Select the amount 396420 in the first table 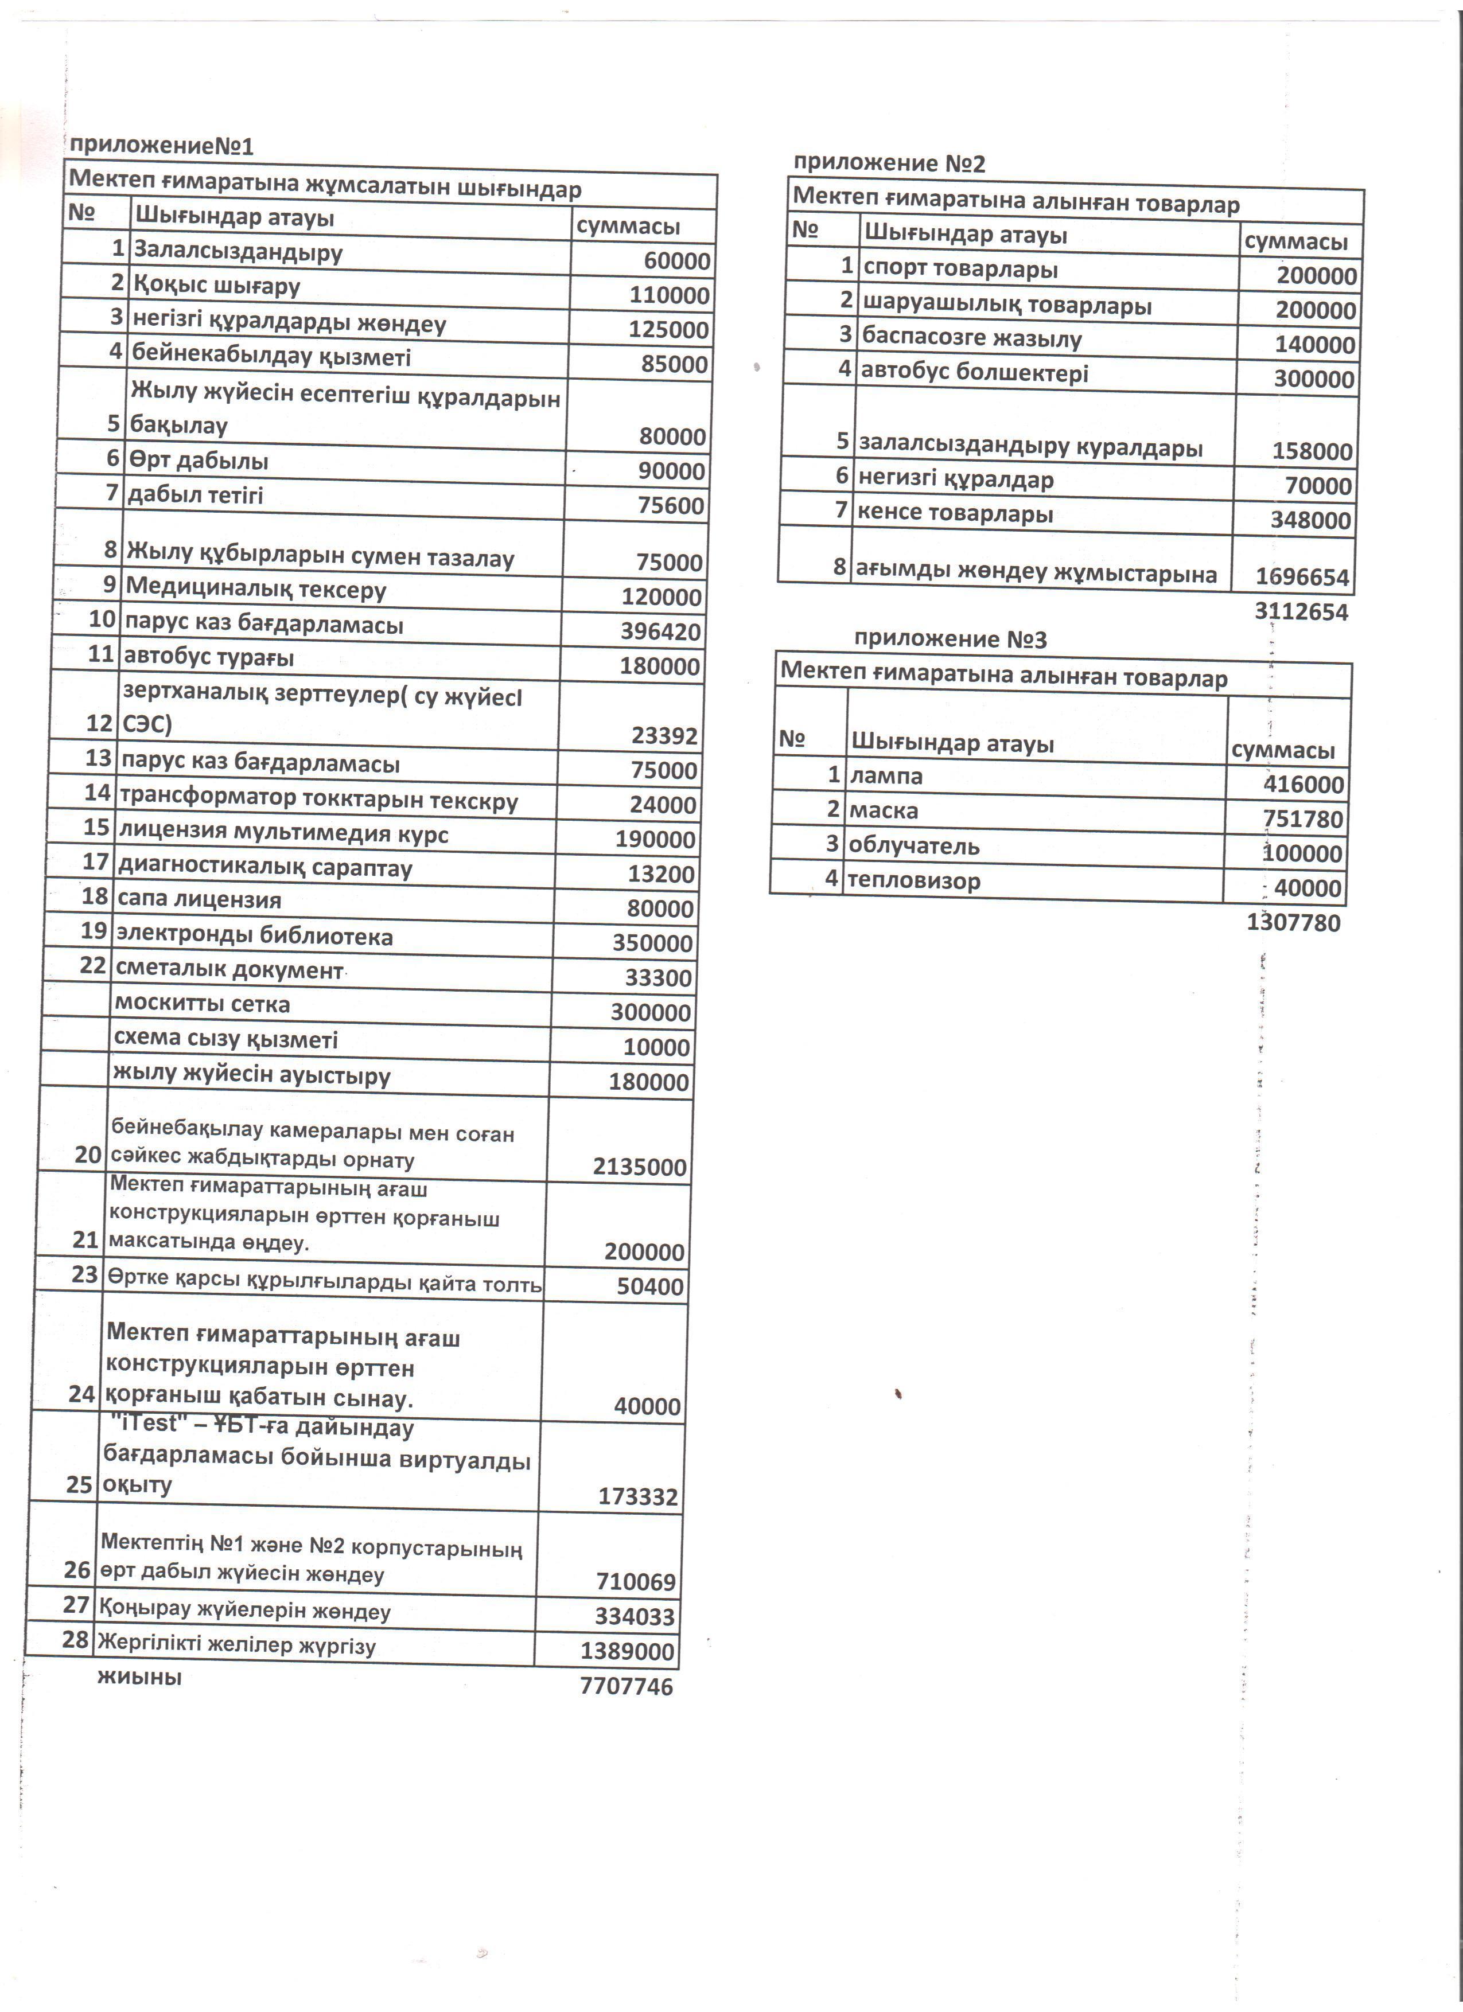coord(660,631)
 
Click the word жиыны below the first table coord(139,1676)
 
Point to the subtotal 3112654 coord(1301,612)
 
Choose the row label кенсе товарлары coord(955,514)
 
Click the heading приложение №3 coord(950,639)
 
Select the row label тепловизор coord(914,881)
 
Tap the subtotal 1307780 coord(1293,923)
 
